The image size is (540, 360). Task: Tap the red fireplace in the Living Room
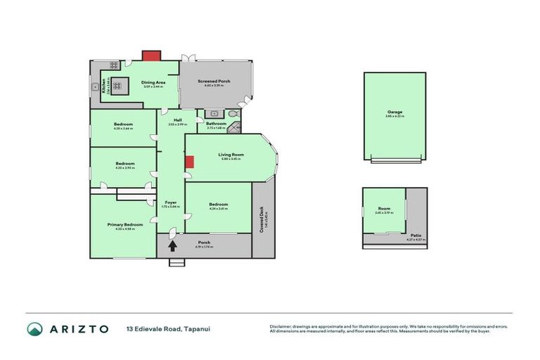pos(189,162)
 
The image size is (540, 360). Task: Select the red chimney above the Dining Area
pos(151,55)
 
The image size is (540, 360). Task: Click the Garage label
pos(394,111)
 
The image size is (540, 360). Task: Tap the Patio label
pos(416,236)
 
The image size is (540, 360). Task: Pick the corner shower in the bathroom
pos(234,127)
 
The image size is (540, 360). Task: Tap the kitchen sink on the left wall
pos(94,87)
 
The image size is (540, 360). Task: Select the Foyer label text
pos(170,202)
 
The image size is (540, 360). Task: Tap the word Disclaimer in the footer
pos(281,326)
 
